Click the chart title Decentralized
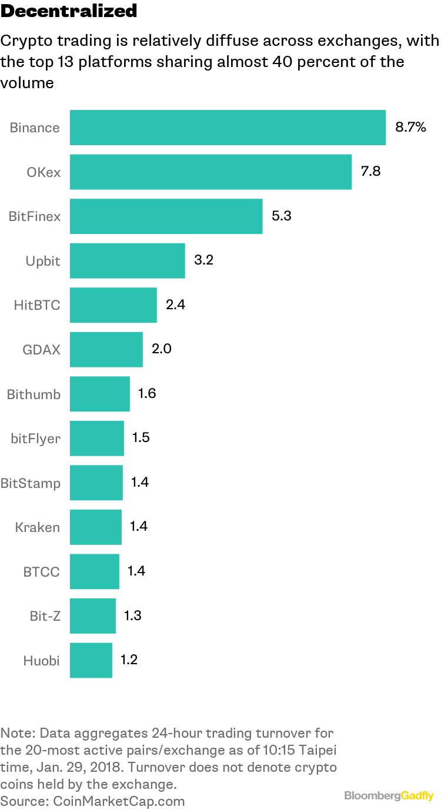69,11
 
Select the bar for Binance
228,128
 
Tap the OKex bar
211,172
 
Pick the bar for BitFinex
166,216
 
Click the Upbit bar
127,260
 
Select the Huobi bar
91,660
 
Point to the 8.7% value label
410,128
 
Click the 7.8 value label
370,172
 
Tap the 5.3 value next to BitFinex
281,216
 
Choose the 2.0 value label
161,349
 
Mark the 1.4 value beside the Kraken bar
139,527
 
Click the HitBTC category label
36,305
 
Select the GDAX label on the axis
41,350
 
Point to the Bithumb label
34,394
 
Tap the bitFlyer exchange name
35,439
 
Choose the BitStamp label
31,483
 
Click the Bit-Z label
45,616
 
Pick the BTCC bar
94,571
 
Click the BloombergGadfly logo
389,795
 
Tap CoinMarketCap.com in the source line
119,801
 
